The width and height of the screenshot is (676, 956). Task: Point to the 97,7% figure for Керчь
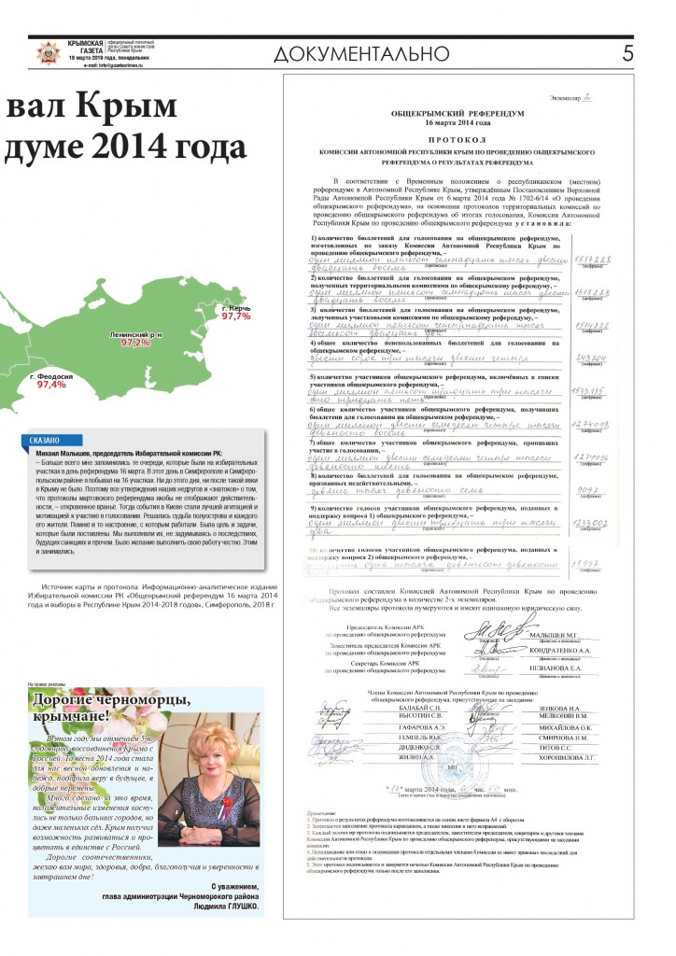point(236,316)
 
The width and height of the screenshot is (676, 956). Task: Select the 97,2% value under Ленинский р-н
point(135,343)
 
